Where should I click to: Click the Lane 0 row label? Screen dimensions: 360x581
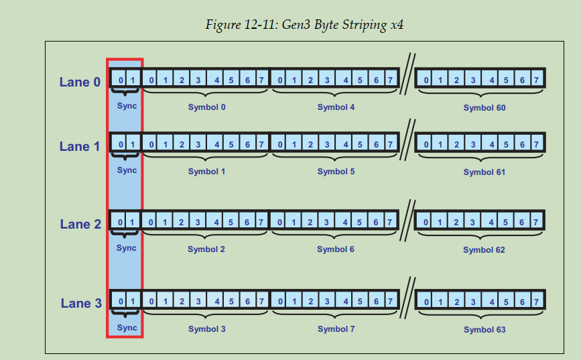point(80,82)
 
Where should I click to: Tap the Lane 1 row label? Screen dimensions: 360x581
point(80,146)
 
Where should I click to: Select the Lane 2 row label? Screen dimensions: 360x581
point(80,225)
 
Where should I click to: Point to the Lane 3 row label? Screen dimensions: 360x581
point(80,304)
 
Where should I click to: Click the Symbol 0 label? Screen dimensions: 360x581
point(206,107)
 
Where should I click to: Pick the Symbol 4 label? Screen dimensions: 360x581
point(336,107)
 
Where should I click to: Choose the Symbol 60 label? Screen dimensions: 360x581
point(484,108)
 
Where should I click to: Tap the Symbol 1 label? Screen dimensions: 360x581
point(206,172)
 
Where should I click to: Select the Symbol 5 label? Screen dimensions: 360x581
point(336,172)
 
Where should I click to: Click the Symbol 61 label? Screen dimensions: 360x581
point(484,172)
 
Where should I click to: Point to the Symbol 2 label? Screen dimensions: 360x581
point(206,249)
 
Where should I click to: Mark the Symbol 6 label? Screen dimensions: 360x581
point(336,249)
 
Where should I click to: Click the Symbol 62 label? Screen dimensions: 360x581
point(484,250)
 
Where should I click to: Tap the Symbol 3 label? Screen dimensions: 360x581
point(206,329)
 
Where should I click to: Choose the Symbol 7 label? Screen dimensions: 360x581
point(336,329)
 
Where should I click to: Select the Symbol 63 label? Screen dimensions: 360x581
point(484,330)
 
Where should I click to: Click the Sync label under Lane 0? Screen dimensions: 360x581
point(127,106)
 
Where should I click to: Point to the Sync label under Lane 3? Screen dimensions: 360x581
point(127,328)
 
